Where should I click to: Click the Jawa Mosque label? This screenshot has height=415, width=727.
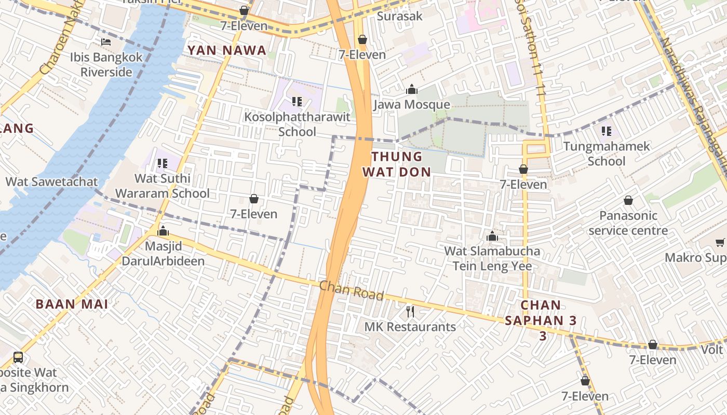[412, 105]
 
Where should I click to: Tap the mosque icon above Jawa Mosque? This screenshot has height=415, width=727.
[412, 89]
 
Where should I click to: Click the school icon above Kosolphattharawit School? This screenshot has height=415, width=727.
[297, 101]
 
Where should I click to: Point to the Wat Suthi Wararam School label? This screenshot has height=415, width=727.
[162, 186]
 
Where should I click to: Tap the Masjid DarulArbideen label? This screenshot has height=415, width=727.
[163, 253]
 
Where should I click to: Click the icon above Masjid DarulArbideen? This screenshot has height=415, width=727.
[163, 231]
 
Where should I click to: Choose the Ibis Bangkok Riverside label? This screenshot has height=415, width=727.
[106, 64]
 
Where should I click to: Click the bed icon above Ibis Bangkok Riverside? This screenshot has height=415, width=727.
[106, 41]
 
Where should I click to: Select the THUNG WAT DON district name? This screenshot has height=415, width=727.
[397, 164]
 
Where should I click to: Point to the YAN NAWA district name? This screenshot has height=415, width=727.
[227, 50]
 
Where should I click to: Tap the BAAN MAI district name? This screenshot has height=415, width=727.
[72, 304]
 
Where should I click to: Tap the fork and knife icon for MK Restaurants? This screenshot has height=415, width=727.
[410, 311]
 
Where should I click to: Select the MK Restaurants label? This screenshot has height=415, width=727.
[410, 327]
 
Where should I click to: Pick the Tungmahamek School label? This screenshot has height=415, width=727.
[607, 154]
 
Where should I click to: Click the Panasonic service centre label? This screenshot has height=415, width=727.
[628, 223]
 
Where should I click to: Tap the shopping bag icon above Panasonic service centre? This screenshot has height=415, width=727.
[628, 200]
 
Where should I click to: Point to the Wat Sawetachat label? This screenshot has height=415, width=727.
[51, 182]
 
